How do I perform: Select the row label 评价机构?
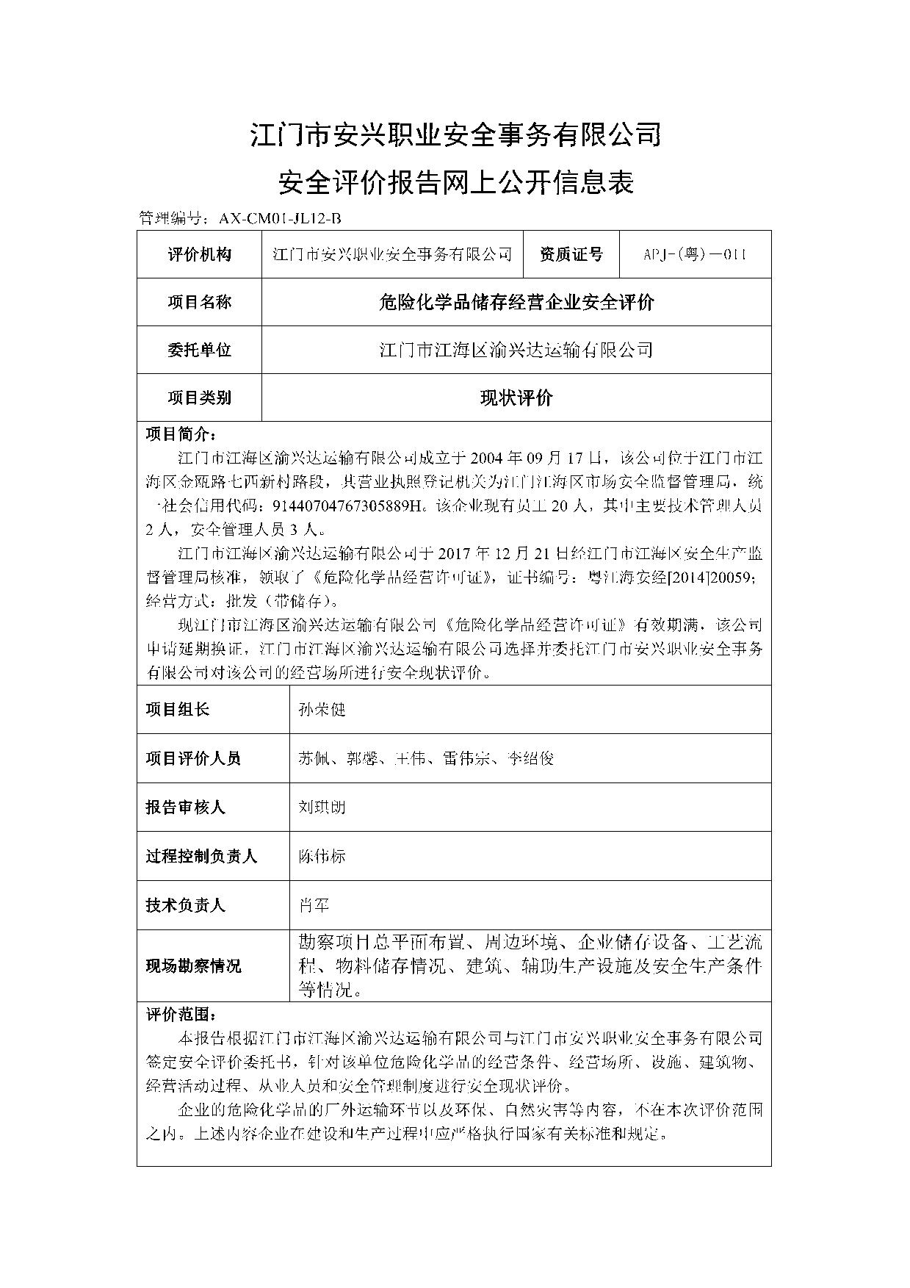pyautogui.click(x=199, y=254)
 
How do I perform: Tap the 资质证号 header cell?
pyautogui.click(x=571, y=254)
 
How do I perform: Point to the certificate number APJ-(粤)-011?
pyautogui.click(x=695, y=254)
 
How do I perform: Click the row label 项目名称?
pyautogui.click(x=199, y=302)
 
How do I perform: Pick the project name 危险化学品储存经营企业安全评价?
pyautogui.click(x=516, y=302)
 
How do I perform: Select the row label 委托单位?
pyautogui.click(x=199, y=350)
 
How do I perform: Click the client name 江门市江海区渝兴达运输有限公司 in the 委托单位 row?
pyautogui.click(x=516, y=350)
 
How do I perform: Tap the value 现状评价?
pyautogui.click(x=516, y=398)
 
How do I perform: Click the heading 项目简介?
pyautogui.click(x=181, y=433)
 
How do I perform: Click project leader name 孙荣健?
pyautogui.click(x=322, y=710)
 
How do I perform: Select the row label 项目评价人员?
pyautogui.click(x=193, y=758)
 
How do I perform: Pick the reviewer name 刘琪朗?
pyautogui.click(x=322, y=807)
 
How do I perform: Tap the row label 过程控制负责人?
pyautogui.click(x=201, y=856)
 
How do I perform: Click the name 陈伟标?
pyautogui.click(x=322, y=856)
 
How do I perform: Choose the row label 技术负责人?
pyautogui.click(x=185, y=905)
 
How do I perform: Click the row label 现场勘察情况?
pyautogui.click(x=193, y=965)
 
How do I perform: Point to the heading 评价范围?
pyautogui.click(x=181, y=1015)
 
